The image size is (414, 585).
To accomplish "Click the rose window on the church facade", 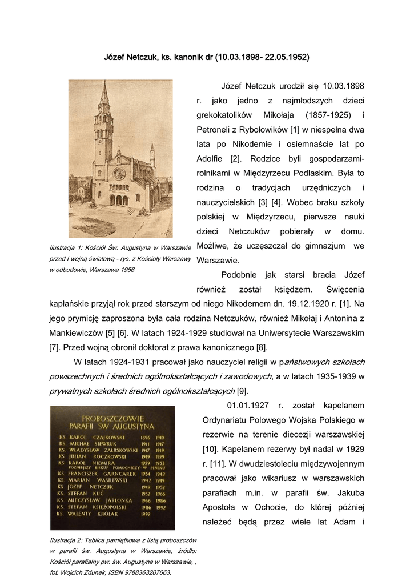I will point(120,173).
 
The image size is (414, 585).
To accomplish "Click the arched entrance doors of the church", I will point(119,200).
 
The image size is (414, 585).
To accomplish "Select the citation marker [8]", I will point(262,347).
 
